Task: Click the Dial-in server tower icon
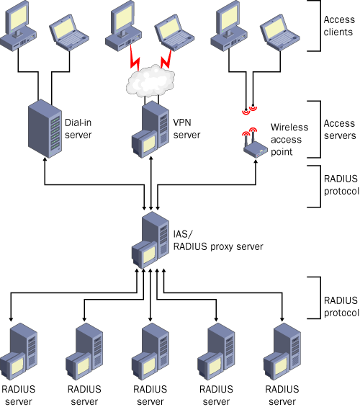(45, 128)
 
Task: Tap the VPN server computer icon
(150, 129)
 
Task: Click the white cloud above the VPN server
(150, 81)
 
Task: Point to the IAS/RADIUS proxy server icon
(150, 240)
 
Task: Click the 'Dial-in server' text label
(78, 129)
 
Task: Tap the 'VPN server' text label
(186, 129)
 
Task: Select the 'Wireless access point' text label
(289, 139)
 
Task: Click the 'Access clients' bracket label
(339, 26)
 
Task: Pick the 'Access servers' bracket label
(340, 129)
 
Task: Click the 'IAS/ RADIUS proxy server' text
(218, 241)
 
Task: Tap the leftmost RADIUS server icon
(19, 352)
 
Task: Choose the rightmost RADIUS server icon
(282, 352)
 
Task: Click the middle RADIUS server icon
(150, 352)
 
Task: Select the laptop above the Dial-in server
(69, 32)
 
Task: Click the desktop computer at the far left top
(18, 26)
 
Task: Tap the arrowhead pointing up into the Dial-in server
(45, 160)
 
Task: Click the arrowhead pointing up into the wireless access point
(256, 161)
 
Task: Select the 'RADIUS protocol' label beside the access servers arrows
(341, 185)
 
